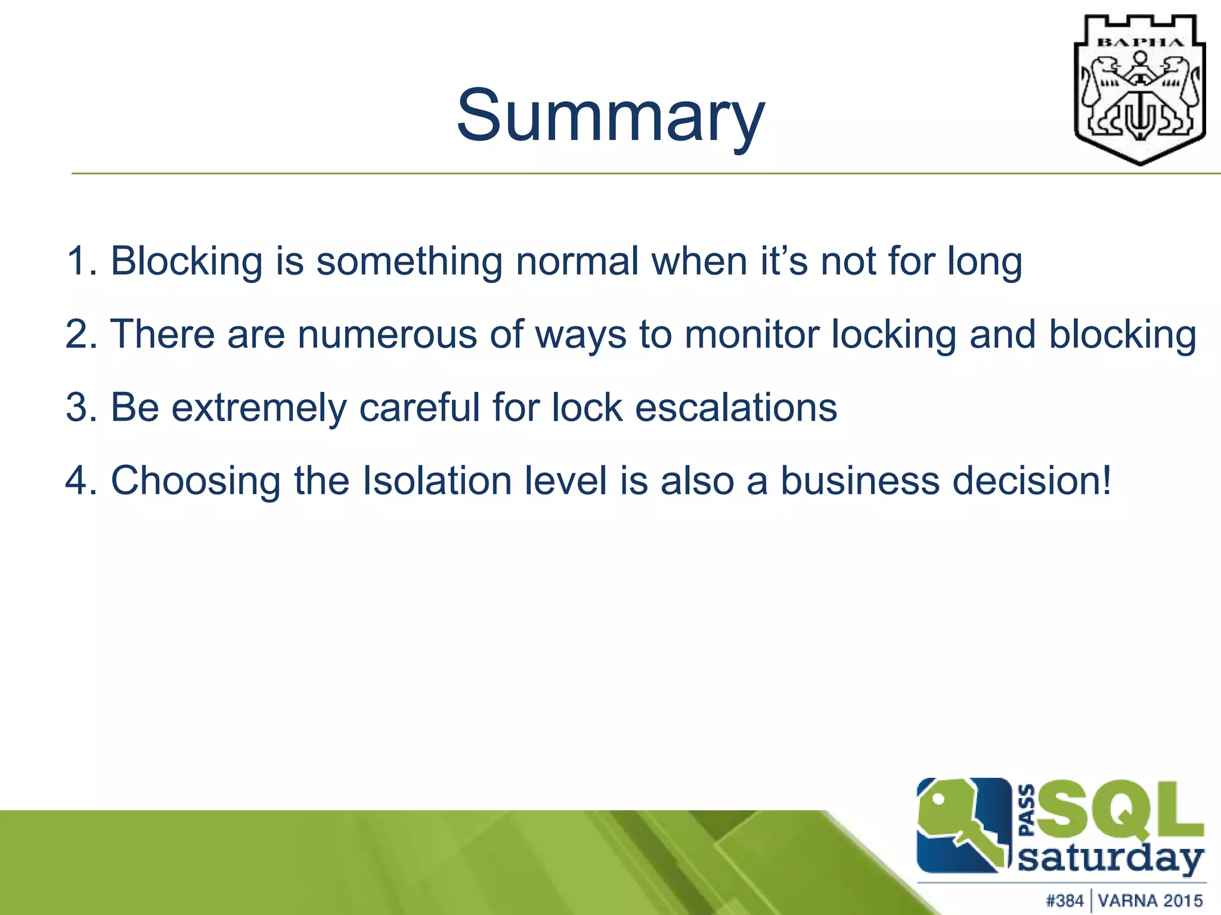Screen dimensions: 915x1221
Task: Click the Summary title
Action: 610,116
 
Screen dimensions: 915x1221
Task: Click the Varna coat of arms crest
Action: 1139,89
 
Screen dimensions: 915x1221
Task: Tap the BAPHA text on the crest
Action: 1140,42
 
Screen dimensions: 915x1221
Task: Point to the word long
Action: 985,262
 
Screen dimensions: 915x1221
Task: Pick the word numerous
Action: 387,334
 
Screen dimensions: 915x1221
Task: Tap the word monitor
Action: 751,334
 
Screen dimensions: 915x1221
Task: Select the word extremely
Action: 259,409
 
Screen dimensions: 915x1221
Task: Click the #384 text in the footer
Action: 1065,900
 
